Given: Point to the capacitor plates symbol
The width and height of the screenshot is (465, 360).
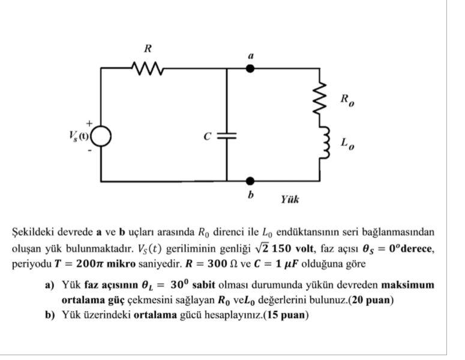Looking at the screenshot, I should (226, 136).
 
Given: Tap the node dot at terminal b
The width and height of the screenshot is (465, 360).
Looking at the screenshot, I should (250, 181).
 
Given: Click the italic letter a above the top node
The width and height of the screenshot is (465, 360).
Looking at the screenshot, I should (251, 55).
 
